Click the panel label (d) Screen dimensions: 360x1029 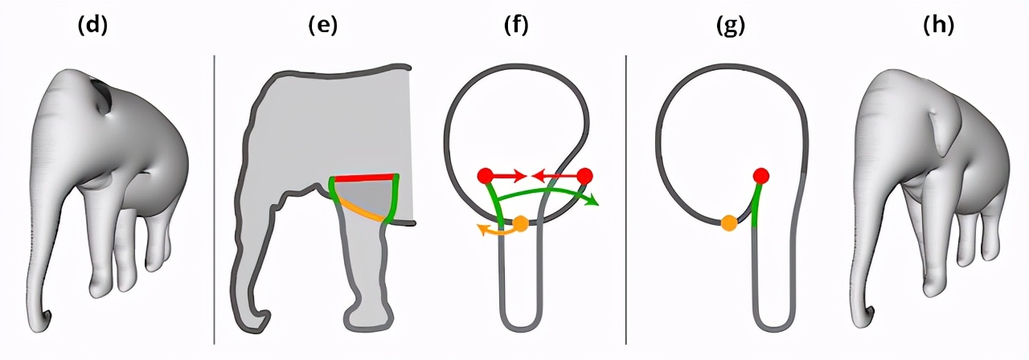point(92,26)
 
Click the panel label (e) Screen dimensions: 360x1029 point(323,26)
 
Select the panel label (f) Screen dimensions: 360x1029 point(515,26)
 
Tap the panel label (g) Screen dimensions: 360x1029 point(730,26)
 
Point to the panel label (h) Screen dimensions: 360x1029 point(939,26)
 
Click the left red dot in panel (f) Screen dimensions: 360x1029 point(485,176)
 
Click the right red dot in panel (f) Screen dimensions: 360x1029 point(584,176)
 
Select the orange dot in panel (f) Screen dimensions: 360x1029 point(520,224)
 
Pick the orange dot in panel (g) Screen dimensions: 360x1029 point(729,223)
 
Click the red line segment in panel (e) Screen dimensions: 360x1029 point(364,178)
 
